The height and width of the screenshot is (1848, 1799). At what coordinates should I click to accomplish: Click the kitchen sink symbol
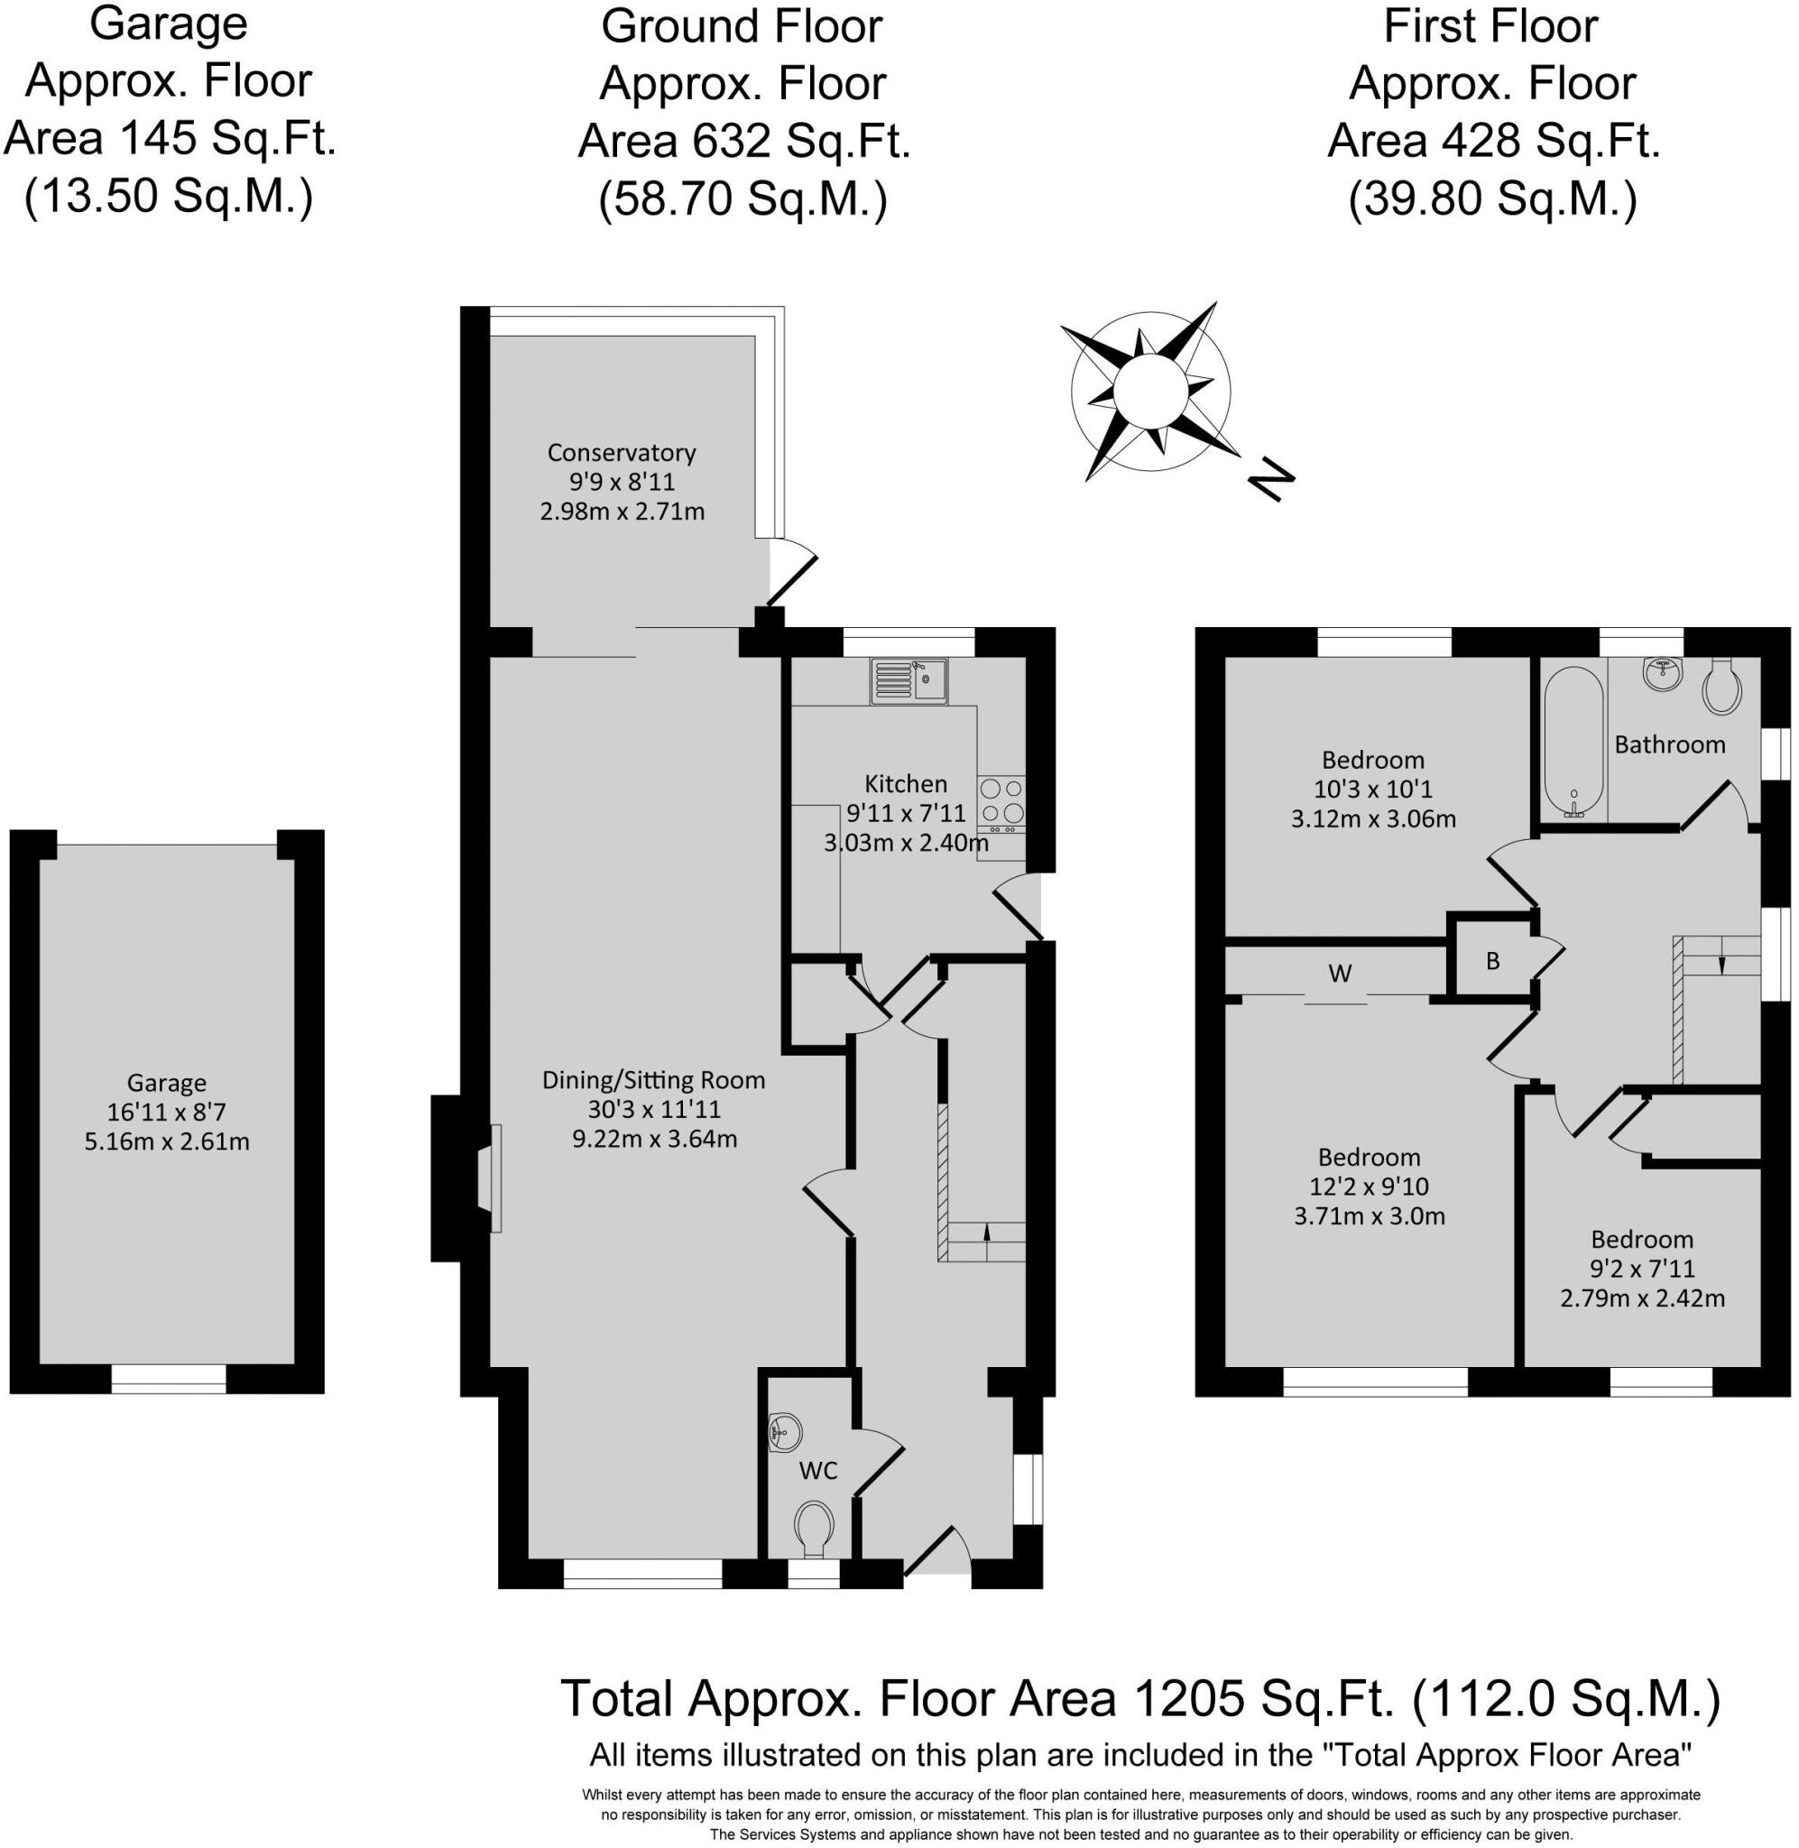click(908, 680)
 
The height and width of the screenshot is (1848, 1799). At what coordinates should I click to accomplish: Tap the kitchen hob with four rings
click(1001, 802)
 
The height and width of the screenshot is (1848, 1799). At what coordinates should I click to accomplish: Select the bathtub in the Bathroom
click(1573, 742)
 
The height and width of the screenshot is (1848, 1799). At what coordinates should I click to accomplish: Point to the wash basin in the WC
click(783, 1429)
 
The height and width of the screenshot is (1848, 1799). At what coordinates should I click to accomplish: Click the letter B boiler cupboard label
click(1493, 961)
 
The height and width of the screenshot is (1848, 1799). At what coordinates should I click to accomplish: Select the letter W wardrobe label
click(1339, 973)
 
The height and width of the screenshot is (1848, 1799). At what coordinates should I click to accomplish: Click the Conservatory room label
click(621, 453)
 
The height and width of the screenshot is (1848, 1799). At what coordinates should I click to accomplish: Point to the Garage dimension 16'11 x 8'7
click(166, 1112)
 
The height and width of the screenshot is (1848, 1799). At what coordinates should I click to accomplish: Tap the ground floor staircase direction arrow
click(987, 1230)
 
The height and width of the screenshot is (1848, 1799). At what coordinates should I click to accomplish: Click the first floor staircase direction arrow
click(1721, 965)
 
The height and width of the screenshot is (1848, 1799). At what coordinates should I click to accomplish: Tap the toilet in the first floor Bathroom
click(1722, 687)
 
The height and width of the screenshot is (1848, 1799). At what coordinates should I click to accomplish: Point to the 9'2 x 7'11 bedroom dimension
click(1641, 1268)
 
